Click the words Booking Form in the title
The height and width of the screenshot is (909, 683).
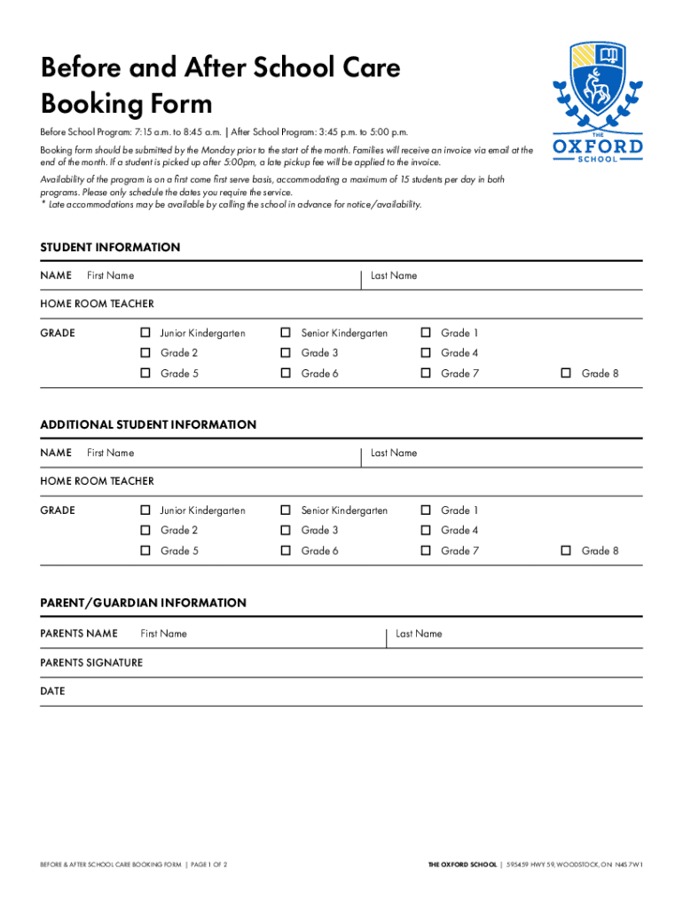pyautogui.click(x=127, y=105)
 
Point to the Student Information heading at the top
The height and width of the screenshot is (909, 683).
pyautogui.click(x=110, y=248)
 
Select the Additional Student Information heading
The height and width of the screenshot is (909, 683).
pyautogui.click(x=148, y=425)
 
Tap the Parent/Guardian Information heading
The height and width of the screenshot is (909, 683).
pyautogui.click(x=143, y=603)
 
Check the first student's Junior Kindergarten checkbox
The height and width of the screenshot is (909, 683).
pyautogui.click(x=145, y=333)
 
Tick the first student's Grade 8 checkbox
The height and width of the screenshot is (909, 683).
pyautogui.click(x=566, y=374)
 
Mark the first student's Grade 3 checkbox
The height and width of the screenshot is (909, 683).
pyautogui.click(x=286, y=353)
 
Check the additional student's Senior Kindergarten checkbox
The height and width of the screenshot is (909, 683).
pyautogui.click(x=286, y=510)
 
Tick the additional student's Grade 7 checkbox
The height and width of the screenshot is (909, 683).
pyautogui.click(x=426, y=551)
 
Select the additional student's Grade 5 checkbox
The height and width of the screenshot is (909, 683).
pyautogui.click(x=145, y=551)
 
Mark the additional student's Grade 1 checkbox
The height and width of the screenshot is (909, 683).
pyautogui.click(x=426, y=510)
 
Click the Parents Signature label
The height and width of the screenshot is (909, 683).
pyautogui.click(x=91, y=663)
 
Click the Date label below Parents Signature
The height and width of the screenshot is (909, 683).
pyautogui.click(x=52, y=691)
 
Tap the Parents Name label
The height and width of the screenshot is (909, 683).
pyautogui.click(x=79, y=634)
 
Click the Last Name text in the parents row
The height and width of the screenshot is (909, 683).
pyautogui.click(x=419, y=634)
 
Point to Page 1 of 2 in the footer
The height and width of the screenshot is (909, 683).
pyautogui.click(x=208, y=864)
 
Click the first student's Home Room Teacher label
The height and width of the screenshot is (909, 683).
pyautogui.click(x=97, y=304)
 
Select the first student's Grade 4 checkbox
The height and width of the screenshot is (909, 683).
pyautogui.click(x=426, y=353)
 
